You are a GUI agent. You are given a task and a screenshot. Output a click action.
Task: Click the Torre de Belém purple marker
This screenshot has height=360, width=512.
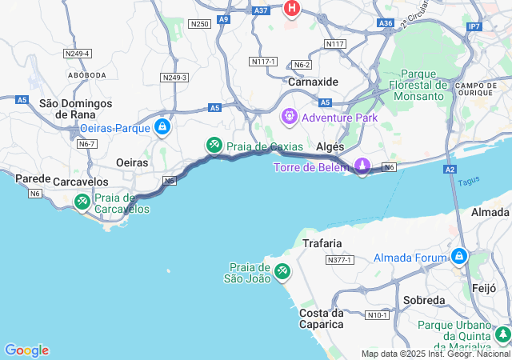coord(362,166)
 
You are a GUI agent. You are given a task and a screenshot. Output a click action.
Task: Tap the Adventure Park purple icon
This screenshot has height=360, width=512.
coord(288,117)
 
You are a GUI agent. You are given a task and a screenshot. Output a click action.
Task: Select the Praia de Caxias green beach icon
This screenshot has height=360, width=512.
coord(214,145)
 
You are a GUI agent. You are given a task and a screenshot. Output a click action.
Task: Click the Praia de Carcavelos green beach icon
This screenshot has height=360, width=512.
coord(82,202)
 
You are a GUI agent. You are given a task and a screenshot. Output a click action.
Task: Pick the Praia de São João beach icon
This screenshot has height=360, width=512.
coord(282,271)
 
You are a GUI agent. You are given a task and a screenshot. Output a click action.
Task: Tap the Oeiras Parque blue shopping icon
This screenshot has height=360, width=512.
coord(162,126)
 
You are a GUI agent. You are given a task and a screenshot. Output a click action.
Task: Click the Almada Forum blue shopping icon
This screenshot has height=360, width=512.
coord(459,256)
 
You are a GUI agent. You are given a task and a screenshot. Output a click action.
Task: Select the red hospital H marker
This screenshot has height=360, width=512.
coord(292,9)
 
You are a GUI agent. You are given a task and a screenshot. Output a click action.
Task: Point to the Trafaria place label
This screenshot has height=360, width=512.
coord(322,242)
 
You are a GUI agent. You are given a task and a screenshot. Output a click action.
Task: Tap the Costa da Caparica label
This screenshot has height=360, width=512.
coord(322,318)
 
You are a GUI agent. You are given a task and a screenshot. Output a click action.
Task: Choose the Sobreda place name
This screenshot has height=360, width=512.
coord(424,299)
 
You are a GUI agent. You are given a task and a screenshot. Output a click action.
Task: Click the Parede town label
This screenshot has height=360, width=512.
coord(34,178)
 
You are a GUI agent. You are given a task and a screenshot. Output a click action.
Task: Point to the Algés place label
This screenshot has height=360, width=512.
coord(330,147)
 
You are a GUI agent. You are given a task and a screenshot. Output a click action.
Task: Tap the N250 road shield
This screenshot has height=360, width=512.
coord(199,24)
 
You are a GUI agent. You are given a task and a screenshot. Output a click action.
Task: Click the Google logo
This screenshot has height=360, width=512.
coord(26,350)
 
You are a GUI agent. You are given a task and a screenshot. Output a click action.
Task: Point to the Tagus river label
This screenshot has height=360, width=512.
coord(469,182)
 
